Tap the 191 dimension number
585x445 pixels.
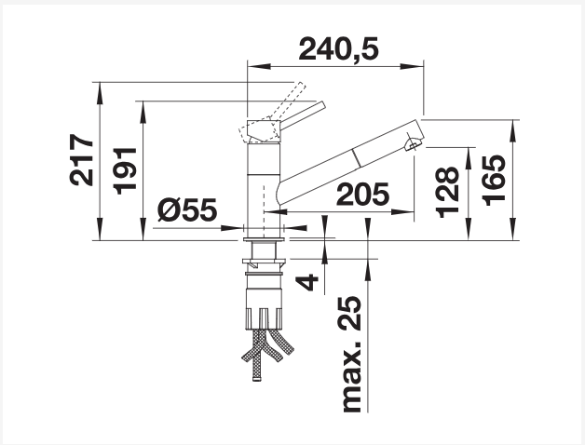126,169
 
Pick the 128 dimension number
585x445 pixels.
447,191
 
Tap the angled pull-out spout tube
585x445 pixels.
345,163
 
